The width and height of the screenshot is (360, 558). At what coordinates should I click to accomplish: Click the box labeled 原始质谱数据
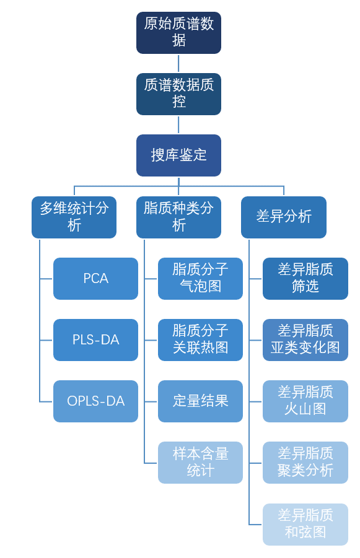(178, 33)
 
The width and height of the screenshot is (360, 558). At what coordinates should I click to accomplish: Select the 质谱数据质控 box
(178, 94)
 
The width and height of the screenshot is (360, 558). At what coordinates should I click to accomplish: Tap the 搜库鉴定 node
(178, 155)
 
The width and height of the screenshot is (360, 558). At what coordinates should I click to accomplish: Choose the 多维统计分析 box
(74, 217)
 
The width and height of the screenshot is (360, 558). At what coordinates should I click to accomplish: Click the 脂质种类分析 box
(178, 217)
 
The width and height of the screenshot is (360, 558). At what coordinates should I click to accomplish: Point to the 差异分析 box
(283, 217)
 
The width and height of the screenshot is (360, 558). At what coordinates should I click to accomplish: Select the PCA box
(95, 278)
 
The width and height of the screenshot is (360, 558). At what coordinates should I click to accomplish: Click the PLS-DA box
(95, 340)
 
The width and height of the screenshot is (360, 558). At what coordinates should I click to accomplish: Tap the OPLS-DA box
(95, 401)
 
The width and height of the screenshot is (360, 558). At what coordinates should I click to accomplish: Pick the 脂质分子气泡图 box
(200, 278)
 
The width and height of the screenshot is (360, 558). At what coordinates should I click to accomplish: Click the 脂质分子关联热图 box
(200, 340)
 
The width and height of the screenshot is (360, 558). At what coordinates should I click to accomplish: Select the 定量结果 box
(200, 401)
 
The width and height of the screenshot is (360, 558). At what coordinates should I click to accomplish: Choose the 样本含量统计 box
(200, 462)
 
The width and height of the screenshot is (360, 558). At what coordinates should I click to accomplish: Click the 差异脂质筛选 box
(305, 278)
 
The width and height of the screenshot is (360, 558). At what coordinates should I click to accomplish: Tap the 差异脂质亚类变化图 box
(305, 340)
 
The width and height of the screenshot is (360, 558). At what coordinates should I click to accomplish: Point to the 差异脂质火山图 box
(305, 401)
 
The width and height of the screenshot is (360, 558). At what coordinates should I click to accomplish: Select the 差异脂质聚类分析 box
(305, 462)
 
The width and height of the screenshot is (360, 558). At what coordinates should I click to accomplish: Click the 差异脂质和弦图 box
(305, 524)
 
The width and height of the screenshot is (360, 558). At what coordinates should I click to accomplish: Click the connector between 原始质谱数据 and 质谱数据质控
(178, 63)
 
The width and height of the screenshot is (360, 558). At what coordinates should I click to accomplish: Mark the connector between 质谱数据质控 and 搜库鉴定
(178, 124)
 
